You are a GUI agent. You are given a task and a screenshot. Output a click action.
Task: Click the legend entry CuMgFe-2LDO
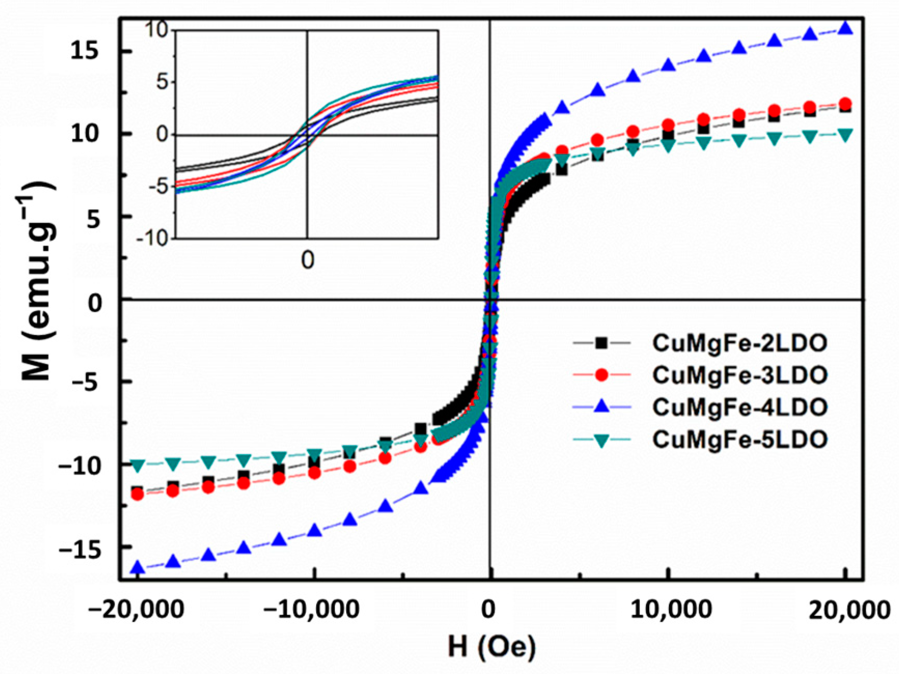tap(739, 343)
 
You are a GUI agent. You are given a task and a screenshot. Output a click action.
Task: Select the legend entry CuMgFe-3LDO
tap(739, 375)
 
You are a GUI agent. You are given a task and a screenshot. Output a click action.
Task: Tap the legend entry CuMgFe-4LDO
tap(739, 407)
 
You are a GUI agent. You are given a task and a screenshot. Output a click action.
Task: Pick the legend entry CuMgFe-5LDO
tap(739, 439)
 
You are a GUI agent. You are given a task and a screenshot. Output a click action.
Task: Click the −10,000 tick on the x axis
tap(311, 609)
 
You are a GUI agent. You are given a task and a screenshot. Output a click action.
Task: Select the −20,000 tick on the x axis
tap(136, 609)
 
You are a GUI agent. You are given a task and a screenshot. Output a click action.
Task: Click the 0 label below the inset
tap(307, 260)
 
